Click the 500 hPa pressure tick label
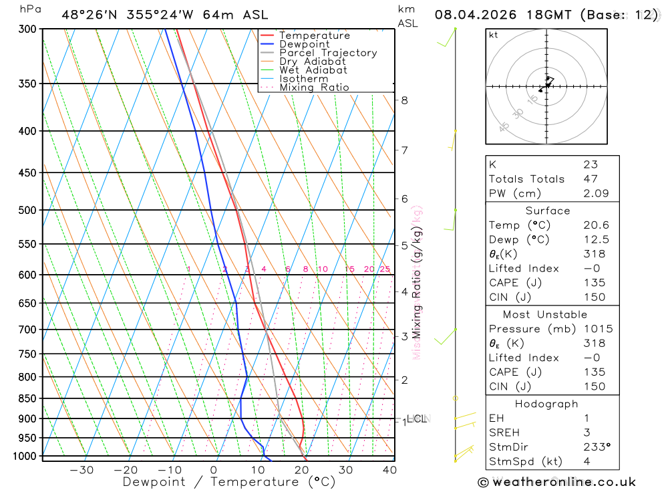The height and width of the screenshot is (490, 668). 27,210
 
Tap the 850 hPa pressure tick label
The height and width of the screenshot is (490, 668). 27,398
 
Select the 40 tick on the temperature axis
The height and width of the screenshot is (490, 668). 389,470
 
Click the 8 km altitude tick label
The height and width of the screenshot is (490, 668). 404,100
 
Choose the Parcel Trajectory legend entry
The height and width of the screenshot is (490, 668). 328,53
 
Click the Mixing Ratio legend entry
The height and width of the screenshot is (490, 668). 314,88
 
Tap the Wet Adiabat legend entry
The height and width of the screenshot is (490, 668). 313,70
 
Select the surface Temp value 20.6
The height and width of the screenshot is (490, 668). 595,225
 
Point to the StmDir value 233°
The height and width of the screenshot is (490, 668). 597,447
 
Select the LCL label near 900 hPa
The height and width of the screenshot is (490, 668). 417,419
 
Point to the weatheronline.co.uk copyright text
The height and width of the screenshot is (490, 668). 557,482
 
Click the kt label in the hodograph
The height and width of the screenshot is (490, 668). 494,35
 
